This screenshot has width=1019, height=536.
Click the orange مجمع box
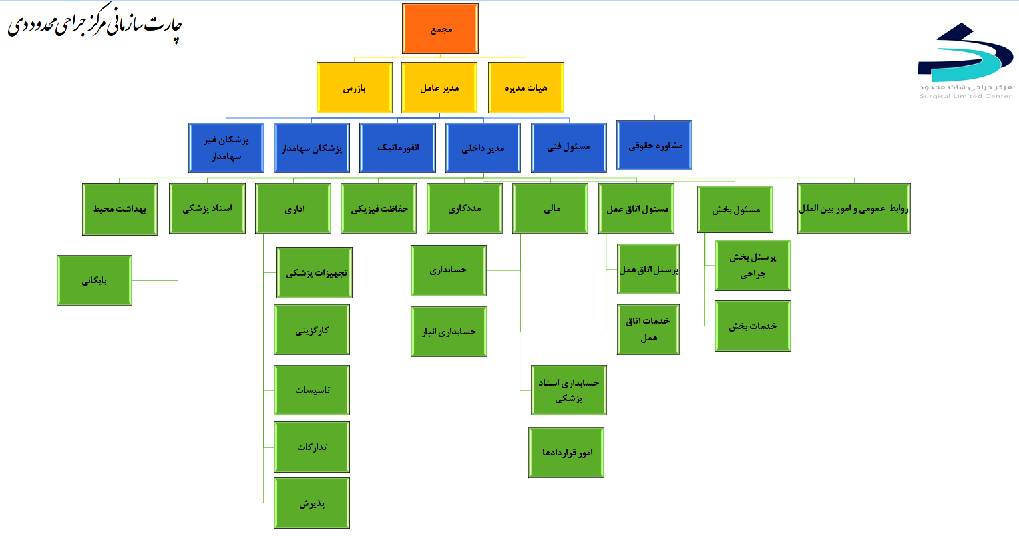click(x=440, y=29)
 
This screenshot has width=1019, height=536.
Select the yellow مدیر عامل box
click(x=439, y=88)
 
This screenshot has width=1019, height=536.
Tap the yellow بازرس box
click(x=354, y=88)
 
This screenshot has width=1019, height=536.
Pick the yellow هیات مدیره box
click(x=526, y=88)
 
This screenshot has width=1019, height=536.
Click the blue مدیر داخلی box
click(x=483, y=148)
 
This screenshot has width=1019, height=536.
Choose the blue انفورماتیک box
click(x=398, y=148)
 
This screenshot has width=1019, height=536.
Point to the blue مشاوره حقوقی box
click(x=654, y=146)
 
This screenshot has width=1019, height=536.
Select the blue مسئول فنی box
click(x=569, y=148)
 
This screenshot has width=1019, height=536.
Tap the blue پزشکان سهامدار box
click(x=311, y=148)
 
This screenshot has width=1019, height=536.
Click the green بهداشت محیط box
click(x=120, y=209)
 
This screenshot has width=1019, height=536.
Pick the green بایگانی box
click(x=95, y=280)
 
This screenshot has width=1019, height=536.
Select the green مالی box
click(x=550, y=209)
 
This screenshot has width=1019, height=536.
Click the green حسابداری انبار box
click(x=449, y=332)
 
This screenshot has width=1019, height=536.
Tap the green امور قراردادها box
click(x=566, y=453)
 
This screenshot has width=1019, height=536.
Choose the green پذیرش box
click(x=311, y=503)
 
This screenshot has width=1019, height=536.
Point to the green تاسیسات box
click(x=311, y=390)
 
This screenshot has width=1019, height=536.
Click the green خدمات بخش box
click(x=753, y=326)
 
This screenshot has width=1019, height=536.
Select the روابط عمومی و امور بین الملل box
click(x=854, y=209)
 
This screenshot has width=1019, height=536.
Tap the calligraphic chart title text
click(x=95, y=27)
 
